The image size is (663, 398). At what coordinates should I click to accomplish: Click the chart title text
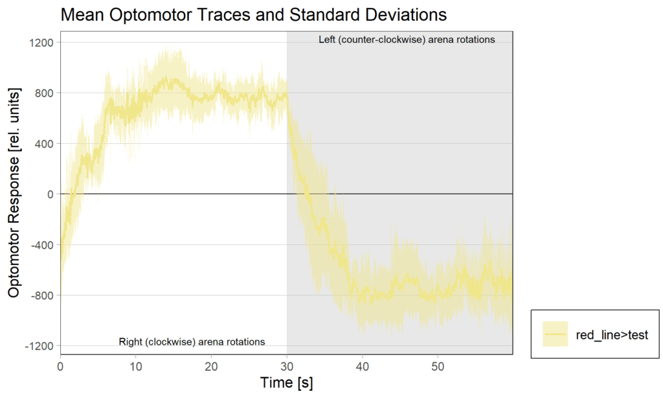[x=253, y=15]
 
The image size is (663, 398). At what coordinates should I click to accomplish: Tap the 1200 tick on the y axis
[x=43, y=42]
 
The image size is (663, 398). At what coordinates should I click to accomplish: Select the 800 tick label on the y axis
[x=45, y=93]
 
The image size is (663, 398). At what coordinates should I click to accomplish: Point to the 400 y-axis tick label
[x=45, y=143]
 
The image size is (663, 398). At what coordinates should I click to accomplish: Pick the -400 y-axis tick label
[x=43, y=244]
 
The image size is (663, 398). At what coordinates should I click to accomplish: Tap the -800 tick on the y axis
[x=43, y=295]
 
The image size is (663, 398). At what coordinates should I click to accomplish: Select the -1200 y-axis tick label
[x=40, y=345]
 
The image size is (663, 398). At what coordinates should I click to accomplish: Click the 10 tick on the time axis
[x=135, y=366]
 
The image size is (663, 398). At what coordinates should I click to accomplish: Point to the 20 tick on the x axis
[x=211, y=366]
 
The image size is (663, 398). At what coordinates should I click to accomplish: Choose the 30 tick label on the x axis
[x=287, y=366]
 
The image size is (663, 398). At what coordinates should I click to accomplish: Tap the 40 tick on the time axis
[x=362, y=366]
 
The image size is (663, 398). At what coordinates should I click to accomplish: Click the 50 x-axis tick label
[x=438, y=366]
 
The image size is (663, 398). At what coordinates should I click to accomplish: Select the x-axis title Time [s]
[x=286, y=383]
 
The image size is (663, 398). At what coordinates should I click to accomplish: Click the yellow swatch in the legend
[x=556, y=334]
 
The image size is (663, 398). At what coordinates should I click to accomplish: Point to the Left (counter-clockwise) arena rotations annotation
[x=407, y=40]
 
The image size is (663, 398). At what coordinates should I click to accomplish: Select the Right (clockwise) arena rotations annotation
[x=192, y=342]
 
